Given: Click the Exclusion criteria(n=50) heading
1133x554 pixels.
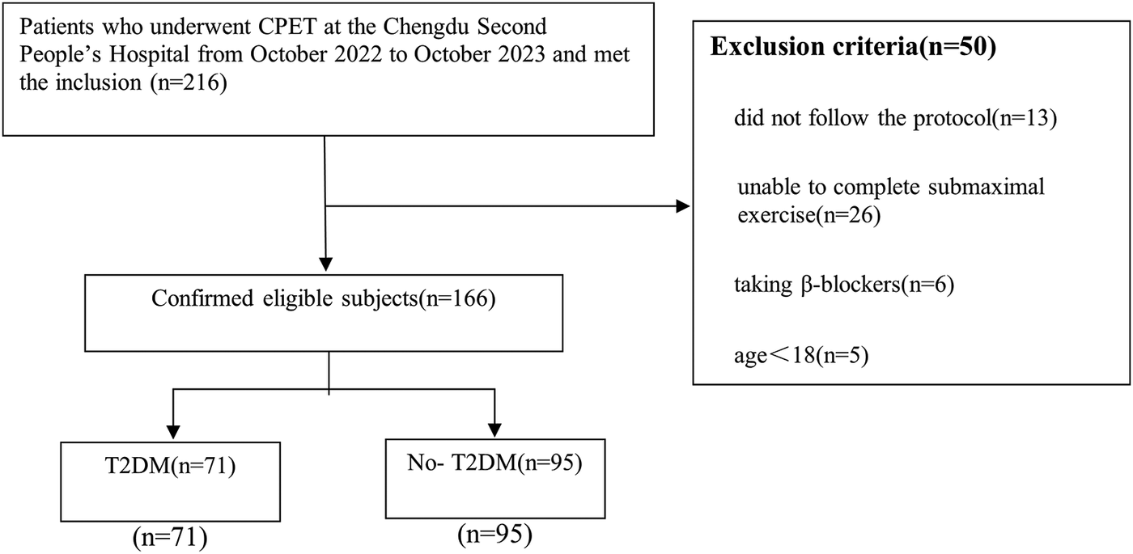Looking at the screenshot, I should pyautogui.click(x=852, y=47).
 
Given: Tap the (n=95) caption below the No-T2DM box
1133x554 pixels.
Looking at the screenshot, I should pyautogui.click(x=494, y=533).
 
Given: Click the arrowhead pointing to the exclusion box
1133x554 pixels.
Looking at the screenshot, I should pyautogui.click(x=683, y=207).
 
